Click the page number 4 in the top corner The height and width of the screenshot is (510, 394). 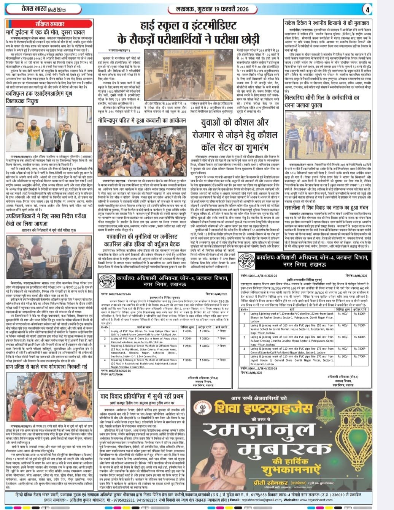[x=386, y=8]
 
